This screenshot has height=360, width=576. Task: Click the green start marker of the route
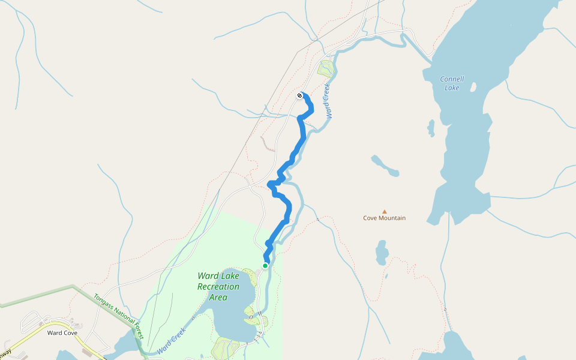tap(265, 265)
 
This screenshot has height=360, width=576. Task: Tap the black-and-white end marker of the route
tap(300, 95)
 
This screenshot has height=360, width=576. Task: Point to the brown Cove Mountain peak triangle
tap(385, 211)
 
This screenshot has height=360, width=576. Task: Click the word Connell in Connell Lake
tap(452, 79)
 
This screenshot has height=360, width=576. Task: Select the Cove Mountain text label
tap(384, 218)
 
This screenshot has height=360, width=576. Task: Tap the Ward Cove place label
tap(62, 332)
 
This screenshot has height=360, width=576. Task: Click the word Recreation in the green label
tap(218, 287)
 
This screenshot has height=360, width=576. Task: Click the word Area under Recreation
tap(218, 297)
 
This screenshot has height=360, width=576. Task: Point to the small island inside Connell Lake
tap(473, 88)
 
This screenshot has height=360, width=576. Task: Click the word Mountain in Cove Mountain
tap(393, 218)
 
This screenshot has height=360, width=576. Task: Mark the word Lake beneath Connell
tap(452, 88)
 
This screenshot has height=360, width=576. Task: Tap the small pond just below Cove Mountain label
tap(382, 253)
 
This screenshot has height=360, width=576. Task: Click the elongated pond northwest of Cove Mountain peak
tap(384, 166)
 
